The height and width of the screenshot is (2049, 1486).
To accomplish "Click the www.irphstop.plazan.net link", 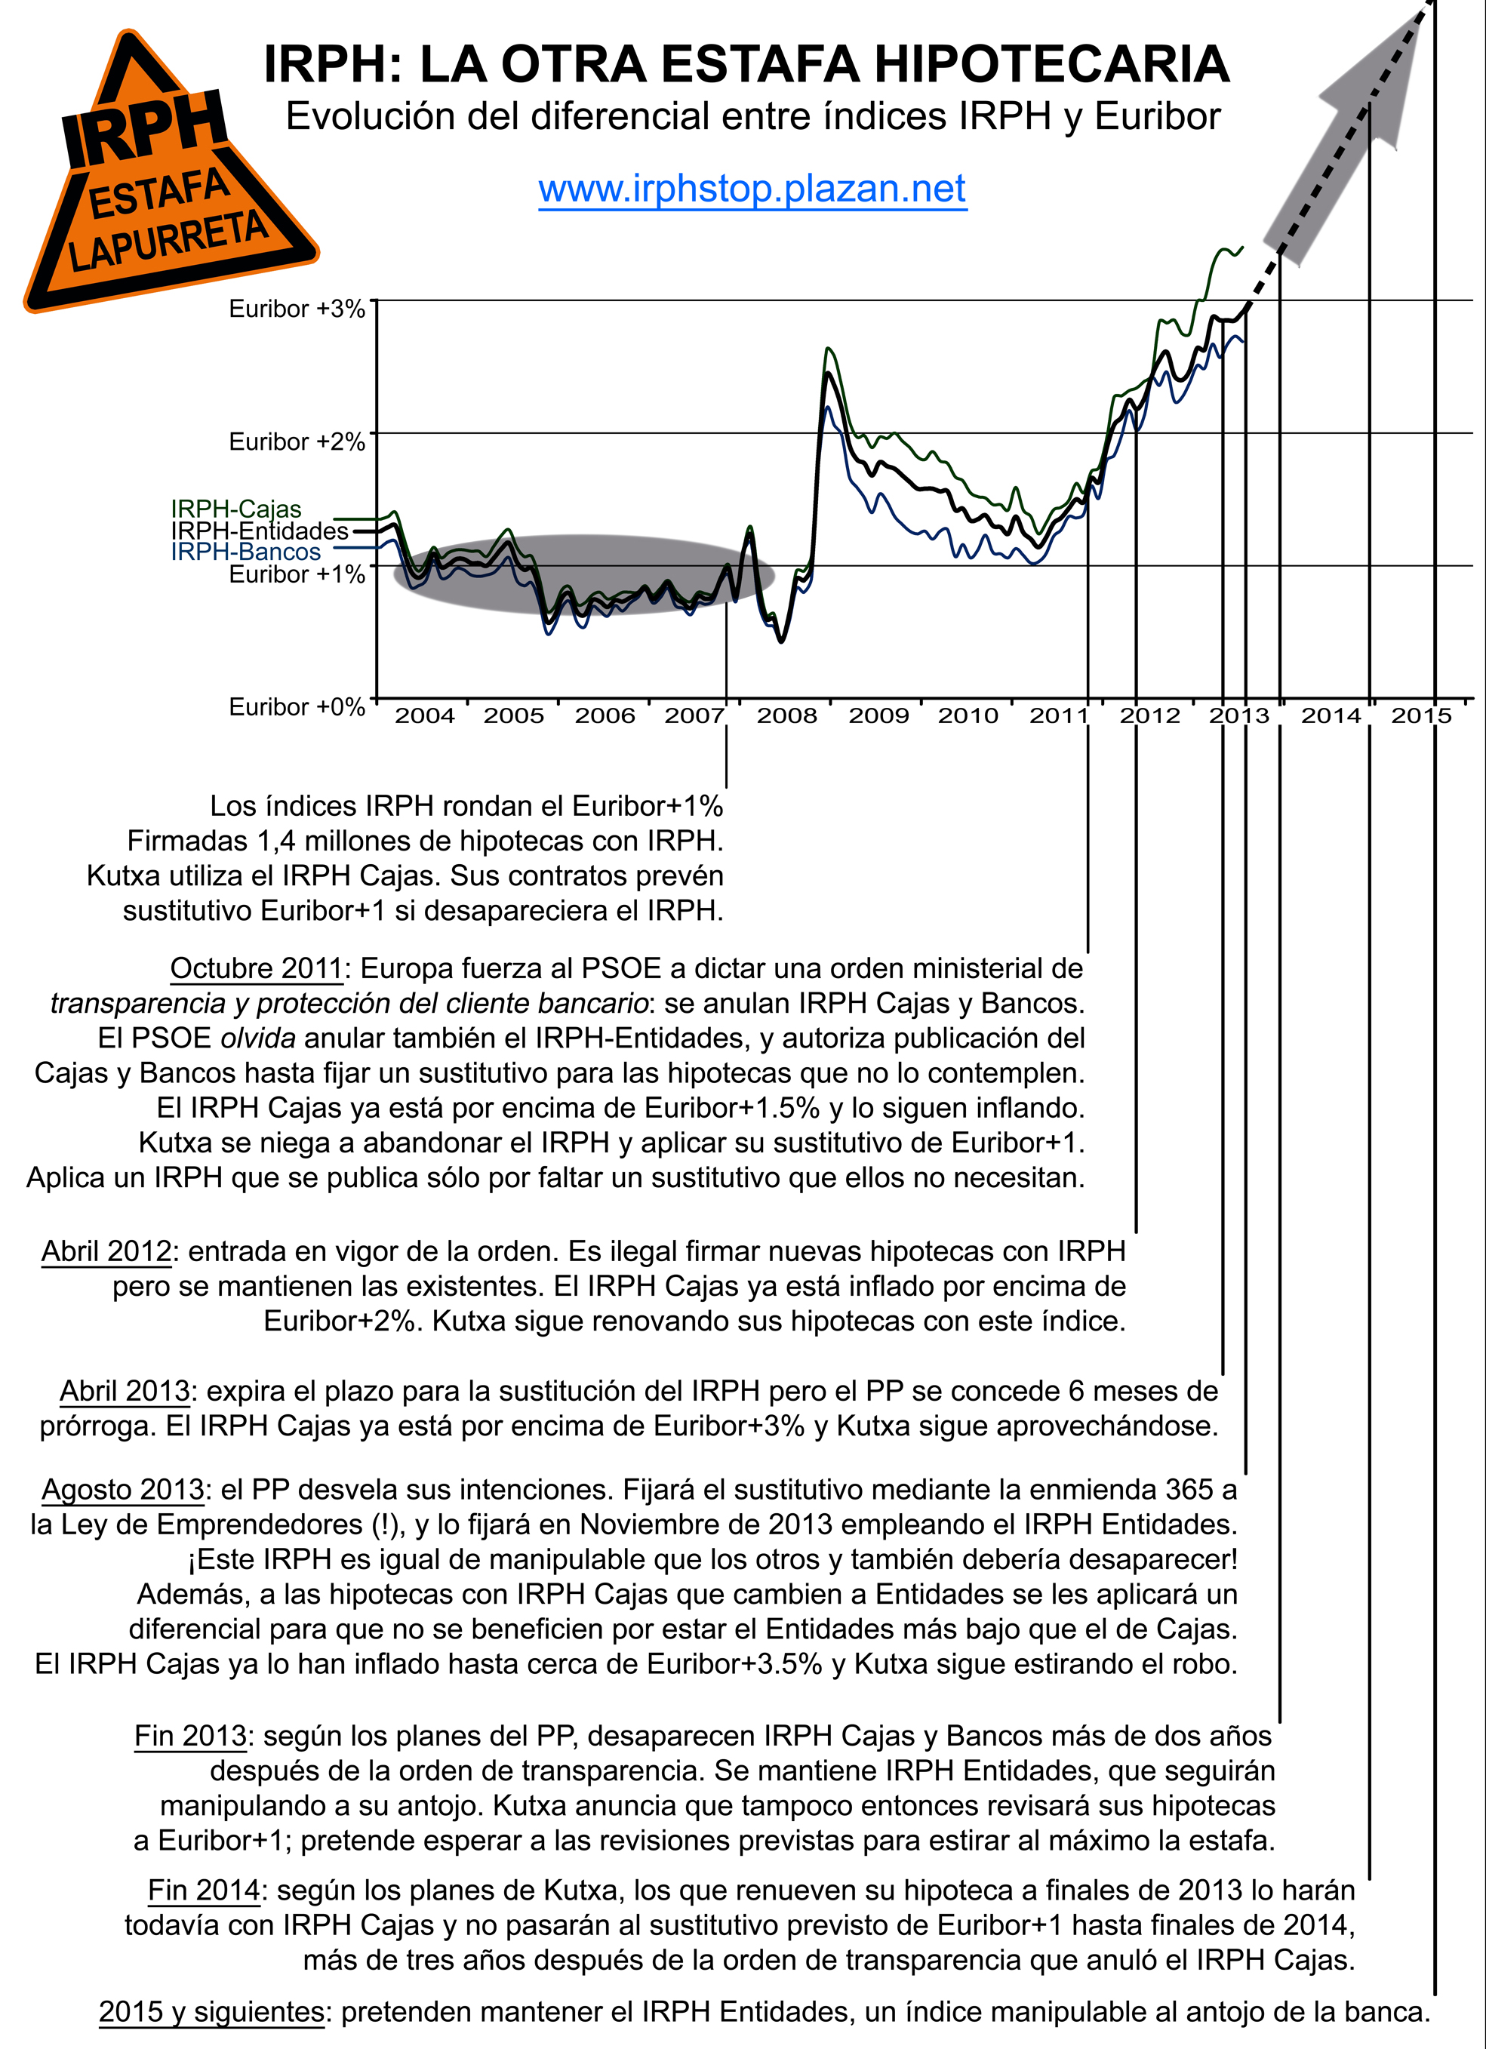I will click(x=752, y=189).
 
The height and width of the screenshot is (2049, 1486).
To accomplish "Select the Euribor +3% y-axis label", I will click(x=297, y=309).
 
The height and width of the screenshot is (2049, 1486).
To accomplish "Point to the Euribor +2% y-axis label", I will click(x=297, y=441).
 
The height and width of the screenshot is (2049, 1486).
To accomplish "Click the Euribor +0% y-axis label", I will click(x=297, y=706).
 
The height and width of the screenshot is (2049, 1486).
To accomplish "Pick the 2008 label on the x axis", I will click(x=786, y=716).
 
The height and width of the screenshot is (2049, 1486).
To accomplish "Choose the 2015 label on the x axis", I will click(x=1421, y=716).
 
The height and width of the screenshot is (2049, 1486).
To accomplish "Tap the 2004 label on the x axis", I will click(x=425, y=716).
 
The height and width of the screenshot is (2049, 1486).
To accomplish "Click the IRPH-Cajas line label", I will click(x=235, y=509).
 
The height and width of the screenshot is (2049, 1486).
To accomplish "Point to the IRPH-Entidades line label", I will click(x=260, y=531).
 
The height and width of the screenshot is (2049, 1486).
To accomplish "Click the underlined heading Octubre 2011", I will click(x=257, y=968).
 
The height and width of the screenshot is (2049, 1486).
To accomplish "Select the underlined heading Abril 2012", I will click(x=106, y=1251).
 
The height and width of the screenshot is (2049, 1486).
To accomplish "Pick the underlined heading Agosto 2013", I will click(x=123, y=1489).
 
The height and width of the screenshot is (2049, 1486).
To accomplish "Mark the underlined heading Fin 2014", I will click(x=205, y=1890).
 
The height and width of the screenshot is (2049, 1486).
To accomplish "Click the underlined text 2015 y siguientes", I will click(x=211, y=2012).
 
